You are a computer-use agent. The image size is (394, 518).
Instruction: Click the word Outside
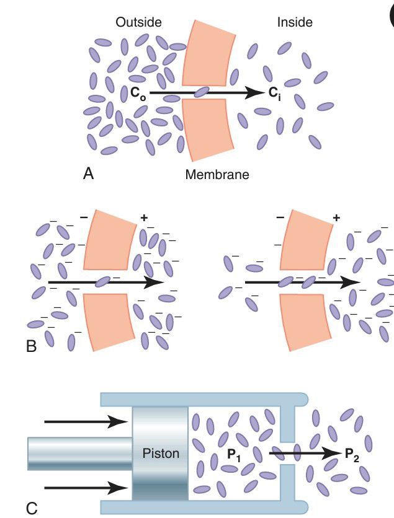click(138, 22)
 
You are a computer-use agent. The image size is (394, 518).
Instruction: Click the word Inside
click(295, 22)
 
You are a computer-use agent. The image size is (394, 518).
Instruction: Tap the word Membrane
click(217, 175)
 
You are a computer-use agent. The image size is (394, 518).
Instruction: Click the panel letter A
click(89, 174)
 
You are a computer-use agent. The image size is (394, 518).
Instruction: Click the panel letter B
click(32, 347)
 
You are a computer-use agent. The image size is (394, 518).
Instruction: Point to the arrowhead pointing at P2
click(332, 453)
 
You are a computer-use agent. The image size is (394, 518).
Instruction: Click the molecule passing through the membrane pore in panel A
click(202, 93)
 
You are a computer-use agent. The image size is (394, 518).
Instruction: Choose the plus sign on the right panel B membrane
click(337, 217)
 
